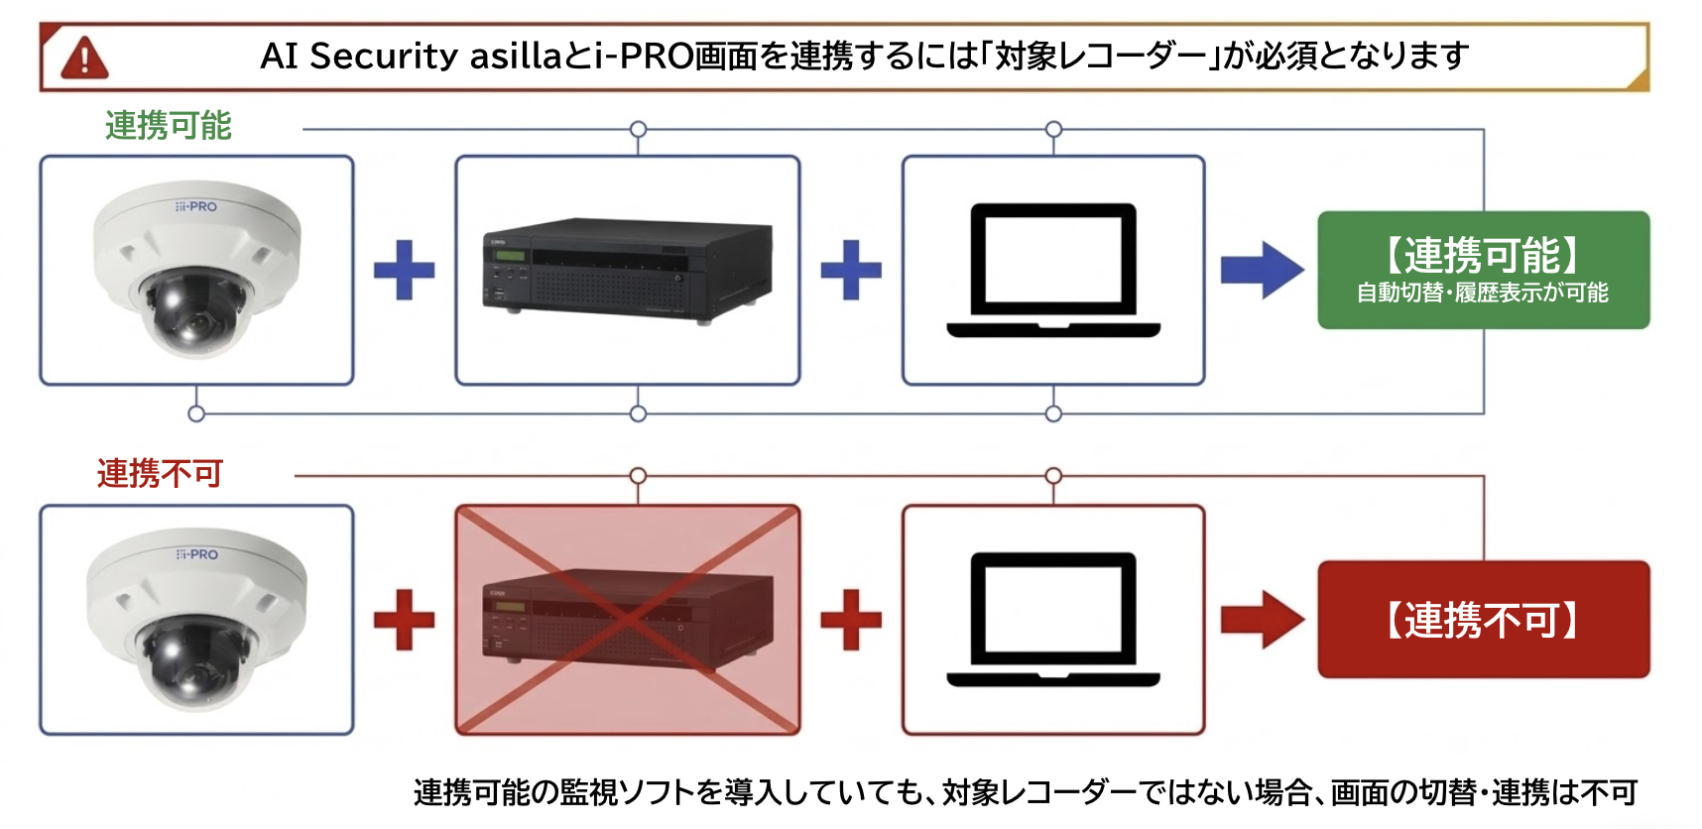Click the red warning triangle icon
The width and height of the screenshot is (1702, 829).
[x=84, y=58]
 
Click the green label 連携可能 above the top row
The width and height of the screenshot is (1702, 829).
[x=168, y=126]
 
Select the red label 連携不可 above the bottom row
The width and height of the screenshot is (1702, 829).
[x=160, y=473]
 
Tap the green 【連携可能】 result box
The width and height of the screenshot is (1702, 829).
[x=1483, y=270]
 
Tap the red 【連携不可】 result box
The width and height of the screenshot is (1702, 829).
[x=1483, y=620]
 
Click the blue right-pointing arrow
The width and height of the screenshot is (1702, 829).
[x=1262, y=270]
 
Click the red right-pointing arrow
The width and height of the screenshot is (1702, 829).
[x=1262, y=620]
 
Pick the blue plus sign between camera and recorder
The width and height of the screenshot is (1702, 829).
[x=404, y=270]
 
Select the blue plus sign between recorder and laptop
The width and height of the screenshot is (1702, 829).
[x=851, y=270]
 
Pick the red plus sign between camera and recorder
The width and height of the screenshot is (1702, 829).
[x=404, y=620]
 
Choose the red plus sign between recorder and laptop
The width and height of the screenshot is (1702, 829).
[x=851, y=620]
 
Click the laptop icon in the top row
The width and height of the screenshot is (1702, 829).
[x=1053, y=270]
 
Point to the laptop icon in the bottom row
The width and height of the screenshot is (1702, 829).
[x=1053, y=620]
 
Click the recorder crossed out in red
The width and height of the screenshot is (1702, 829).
[x=627, y=620]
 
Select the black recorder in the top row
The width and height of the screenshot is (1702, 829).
[x=627, y=270]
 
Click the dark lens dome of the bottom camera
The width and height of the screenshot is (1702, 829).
[x=194, y=659]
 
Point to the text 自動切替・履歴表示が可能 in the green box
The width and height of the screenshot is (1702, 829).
[x=1482, y=293]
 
